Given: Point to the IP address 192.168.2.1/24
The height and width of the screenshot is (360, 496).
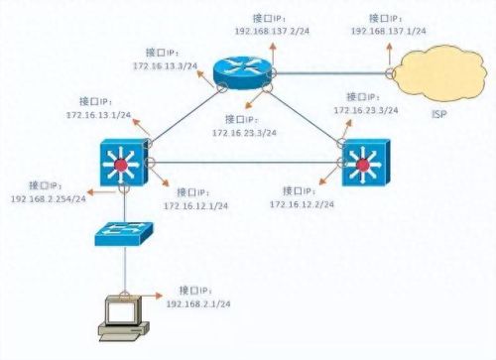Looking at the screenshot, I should click(213, 303).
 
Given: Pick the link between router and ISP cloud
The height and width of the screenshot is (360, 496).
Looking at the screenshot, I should click(327, 72).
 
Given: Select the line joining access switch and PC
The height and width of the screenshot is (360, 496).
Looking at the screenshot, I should click(124, 270).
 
